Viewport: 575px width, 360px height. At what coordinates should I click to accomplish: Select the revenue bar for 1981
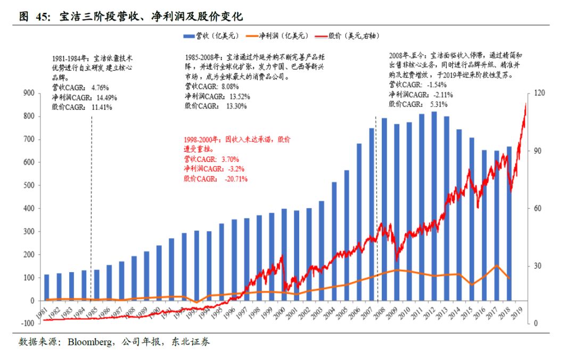[47, 288]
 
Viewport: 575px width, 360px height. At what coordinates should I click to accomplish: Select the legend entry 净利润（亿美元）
[280, 36]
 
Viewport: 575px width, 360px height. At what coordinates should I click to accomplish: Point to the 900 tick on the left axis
[29, 93]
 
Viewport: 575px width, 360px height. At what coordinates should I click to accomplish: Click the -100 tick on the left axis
[28, 323]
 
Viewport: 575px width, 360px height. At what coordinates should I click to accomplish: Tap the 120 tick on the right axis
[539, 93]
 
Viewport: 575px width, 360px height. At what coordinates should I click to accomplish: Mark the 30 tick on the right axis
[538, 266]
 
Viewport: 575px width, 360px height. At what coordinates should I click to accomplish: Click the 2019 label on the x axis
[519, 314]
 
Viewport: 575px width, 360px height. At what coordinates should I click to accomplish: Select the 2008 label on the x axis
[381, 314]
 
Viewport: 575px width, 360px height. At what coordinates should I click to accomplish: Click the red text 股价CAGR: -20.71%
[216, 179]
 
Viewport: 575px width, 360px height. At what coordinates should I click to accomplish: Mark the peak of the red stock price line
[525, 104]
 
